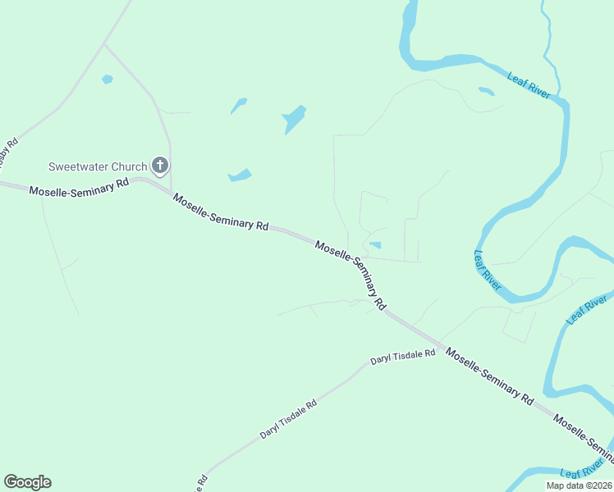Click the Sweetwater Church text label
click(x=97, y=166)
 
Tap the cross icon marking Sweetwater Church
click(x=160, y=166)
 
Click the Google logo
click(x=27, y=482)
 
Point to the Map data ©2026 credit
click(x=579, y=485)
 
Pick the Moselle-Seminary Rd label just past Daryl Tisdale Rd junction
click(x=489, y=377)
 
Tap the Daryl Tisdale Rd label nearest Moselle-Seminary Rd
click(x=402, y=358)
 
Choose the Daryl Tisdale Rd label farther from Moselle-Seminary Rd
click(x=288, y=420)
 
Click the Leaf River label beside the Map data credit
click(x=584, y=469)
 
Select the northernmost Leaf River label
click(x=529, y=85)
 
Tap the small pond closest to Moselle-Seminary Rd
click(x=375, y=244)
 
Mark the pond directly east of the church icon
click(x=240, y=175)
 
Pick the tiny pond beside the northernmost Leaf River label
click(x=486, y=91)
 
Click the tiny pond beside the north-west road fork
click(x=107, y=80)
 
